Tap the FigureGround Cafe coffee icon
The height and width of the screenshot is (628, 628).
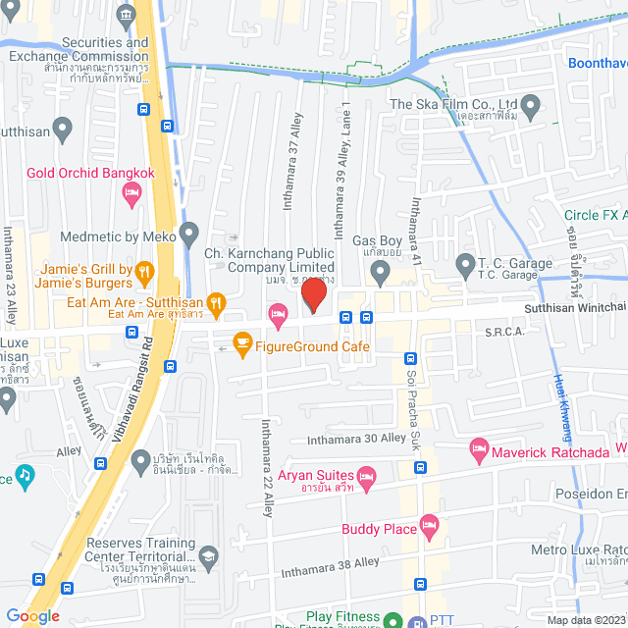(x=239, y=345)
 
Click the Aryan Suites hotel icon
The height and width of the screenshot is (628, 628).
(x=367, y=481)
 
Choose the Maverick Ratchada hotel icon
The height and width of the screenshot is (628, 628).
(x=479, y=451)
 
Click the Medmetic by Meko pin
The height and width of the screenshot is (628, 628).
(x=189, y=235)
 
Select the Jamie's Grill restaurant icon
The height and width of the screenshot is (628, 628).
(x=144, y=270)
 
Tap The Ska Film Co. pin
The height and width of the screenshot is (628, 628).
(x=531, y=104)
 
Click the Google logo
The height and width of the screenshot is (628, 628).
(x=32, y=615)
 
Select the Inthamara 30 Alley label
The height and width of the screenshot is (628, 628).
(x=356, y=439)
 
